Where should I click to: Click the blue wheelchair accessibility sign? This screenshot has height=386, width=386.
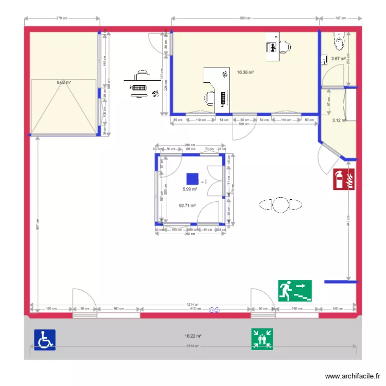45,340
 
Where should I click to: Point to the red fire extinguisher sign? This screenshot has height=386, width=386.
344,179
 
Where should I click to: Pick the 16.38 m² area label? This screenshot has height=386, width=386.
245,73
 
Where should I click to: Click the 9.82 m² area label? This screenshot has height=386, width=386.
64,82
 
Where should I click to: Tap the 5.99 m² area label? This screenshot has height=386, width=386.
190,189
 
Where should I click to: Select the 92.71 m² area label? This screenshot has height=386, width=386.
187,205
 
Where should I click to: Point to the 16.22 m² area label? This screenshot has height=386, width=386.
193,336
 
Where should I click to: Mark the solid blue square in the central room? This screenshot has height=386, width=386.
192,179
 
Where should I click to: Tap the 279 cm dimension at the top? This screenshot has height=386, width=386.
62,18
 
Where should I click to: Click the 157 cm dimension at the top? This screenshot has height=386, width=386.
340,18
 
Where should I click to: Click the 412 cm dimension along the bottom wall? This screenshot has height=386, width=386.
195,308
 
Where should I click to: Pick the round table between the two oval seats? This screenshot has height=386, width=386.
280,205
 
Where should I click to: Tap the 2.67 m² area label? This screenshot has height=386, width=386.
338,59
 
